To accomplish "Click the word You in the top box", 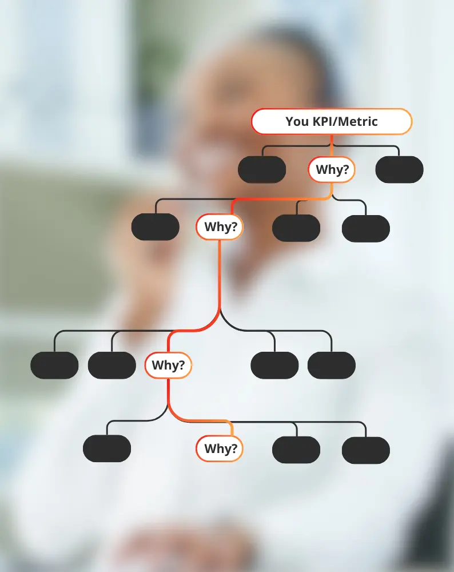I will [297, 122].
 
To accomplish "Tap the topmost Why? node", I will [332, 170].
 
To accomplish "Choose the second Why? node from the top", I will [220, 227].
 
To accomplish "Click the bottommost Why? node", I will [220, 448].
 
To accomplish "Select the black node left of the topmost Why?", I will [262, 170].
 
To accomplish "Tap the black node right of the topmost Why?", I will [399, 170].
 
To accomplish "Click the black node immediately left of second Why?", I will [156, 227].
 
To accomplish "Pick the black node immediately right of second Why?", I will [296, 228].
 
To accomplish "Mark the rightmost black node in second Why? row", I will [366, 228].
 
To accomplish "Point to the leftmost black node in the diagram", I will [54, 366].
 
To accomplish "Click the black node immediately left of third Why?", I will [112, 366].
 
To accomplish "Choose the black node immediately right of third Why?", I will [274, 366].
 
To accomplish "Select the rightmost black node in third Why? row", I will [332, 366].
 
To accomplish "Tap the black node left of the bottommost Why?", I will [107, 448].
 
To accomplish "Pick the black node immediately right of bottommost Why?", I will [296, 450].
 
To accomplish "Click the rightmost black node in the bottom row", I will [366, 450].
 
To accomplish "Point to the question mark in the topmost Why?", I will [346, 170].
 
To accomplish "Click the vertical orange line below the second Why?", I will [220, 275].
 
